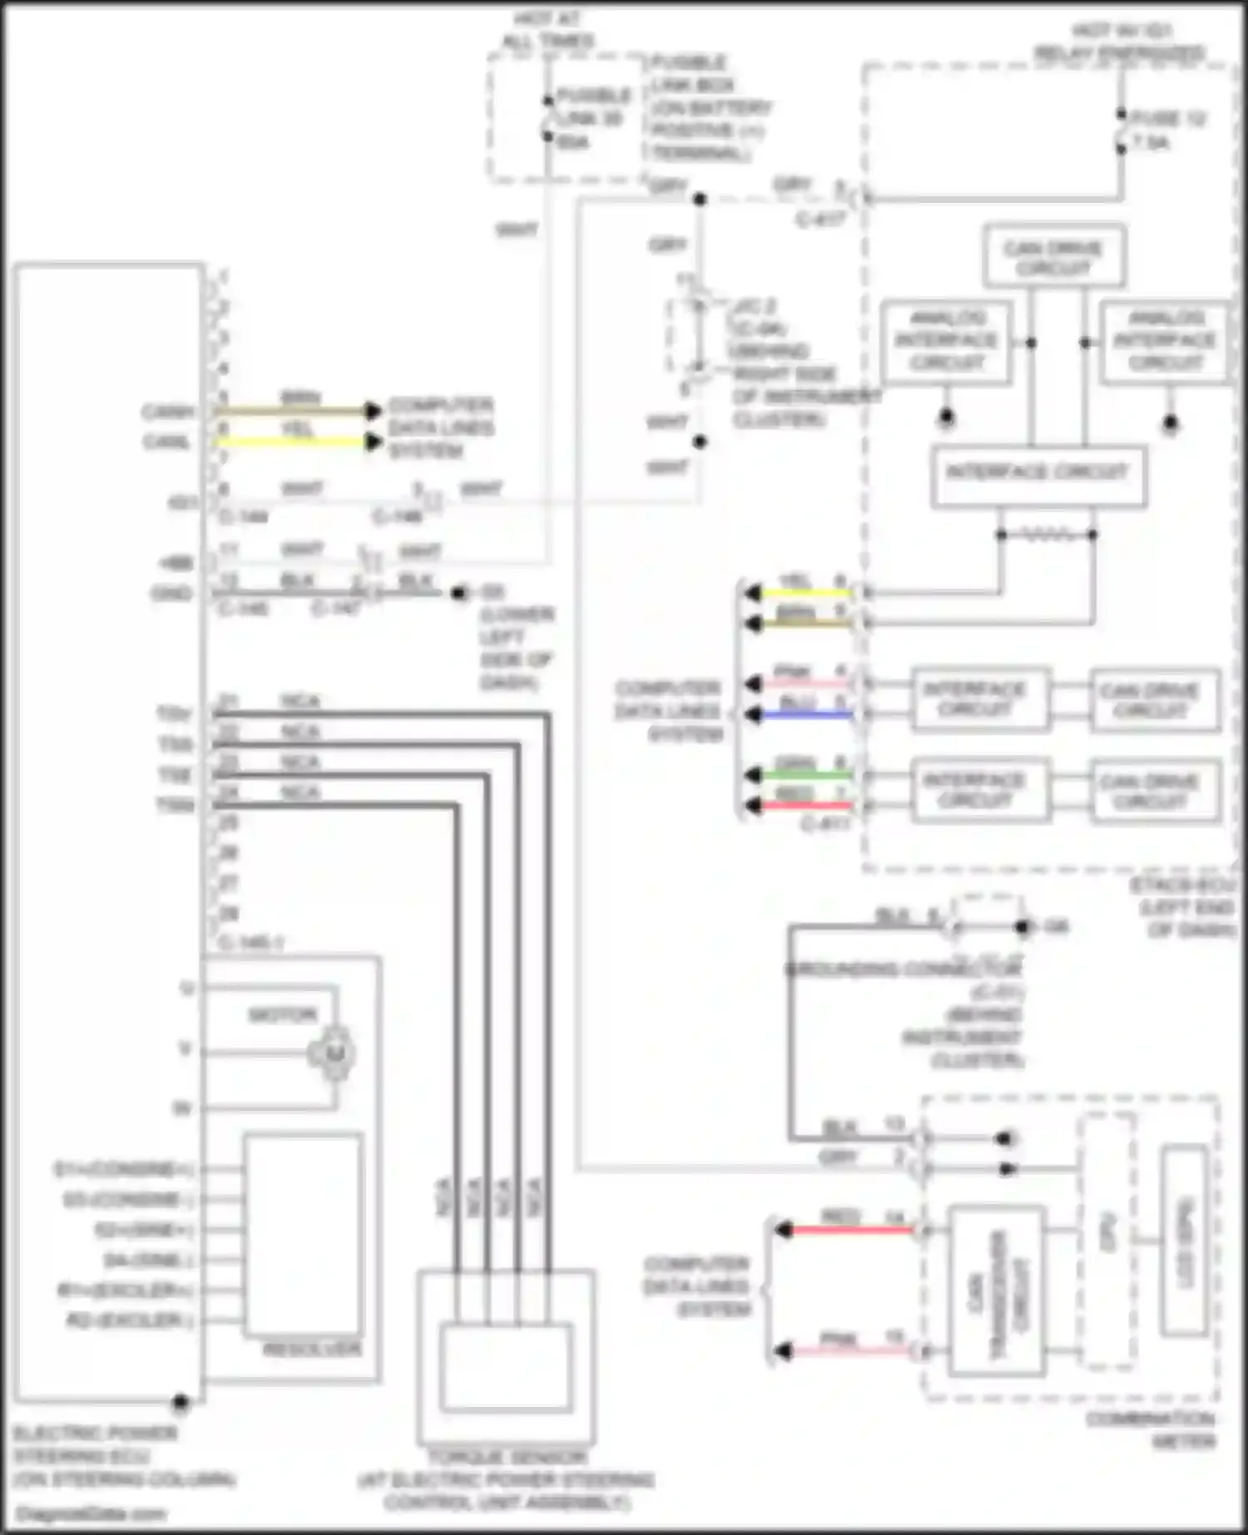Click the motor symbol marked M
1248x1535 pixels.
click(334, 1054)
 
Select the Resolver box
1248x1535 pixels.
click(304, 1234)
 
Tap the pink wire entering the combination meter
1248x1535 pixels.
click(849, 1352)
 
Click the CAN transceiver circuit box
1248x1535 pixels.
click(997, 1290)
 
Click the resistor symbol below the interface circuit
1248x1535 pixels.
click(1047, 536)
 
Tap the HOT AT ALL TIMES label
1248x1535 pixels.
click(547, 29)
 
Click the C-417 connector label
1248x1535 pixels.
click(820, 220)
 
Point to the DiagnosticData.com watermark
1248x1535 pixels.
click(92, 1513)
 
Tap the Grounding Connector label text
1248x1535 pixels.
click(903, 970)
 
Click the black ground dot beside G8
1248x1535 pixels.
click(1023, 926)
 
